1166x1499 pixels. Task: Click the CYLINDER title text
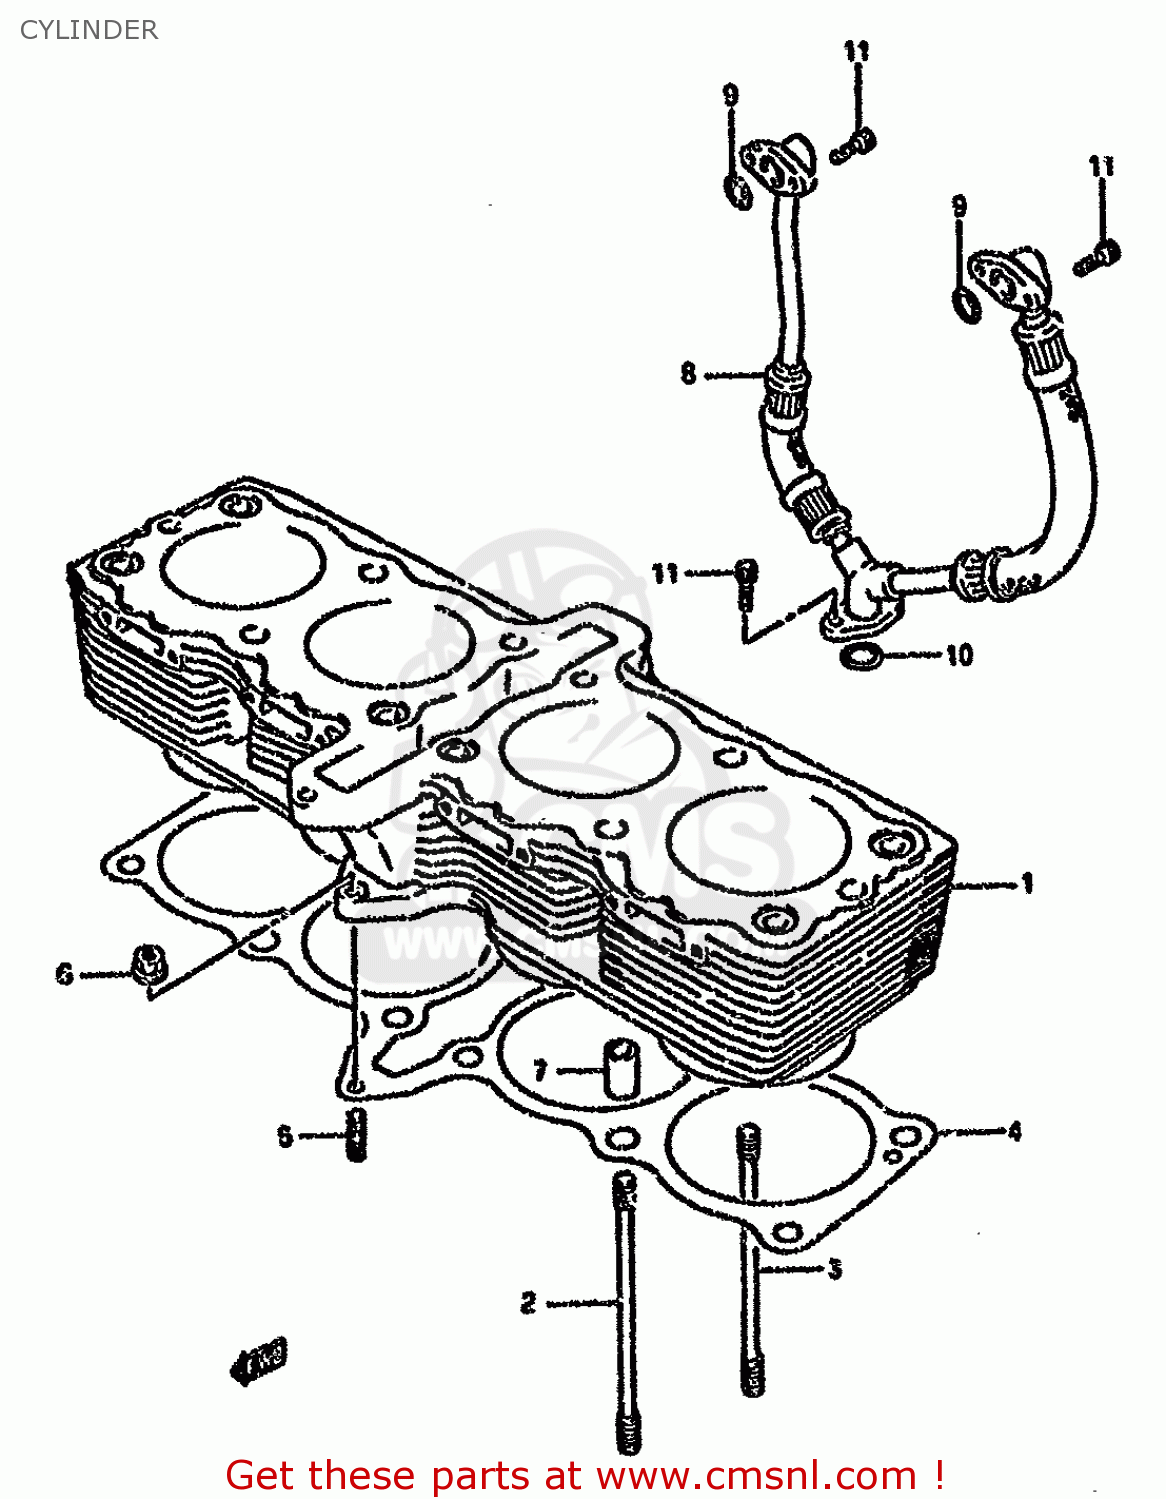(89, 30)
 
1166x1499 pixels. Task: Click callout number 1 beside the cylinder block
(1026, 883)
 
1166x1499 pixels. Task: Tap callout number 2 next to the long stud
(529, 1302)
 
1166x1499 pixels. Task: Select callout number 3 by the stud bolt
(834, 1269)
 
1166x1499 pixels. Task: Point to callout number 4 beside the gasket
(1014, 1131)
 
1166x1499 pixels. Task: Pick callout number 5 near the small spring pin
(285, 1136)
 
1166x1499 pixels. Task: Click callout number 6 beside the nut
(65, 972)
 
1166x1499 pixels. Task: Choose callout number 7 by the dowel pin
(540, 1071)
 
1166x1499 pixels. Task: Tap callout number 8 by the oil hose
(688, 374)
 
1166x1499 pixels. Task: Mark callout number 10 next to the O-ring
(959, 655)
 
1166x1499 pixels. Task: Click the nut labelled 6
(149, 961)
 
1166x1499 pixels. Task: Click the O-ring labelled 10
(861, 657)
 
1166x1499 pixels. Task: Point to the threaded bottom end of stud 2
(628, 1434)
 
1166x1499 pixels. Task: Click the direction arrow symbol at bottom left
(259, 1360)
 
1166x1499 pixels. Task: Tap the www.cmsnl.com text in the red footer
(756, 1475)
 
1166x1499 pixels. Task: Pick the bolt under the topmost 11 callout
(854, 146)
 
